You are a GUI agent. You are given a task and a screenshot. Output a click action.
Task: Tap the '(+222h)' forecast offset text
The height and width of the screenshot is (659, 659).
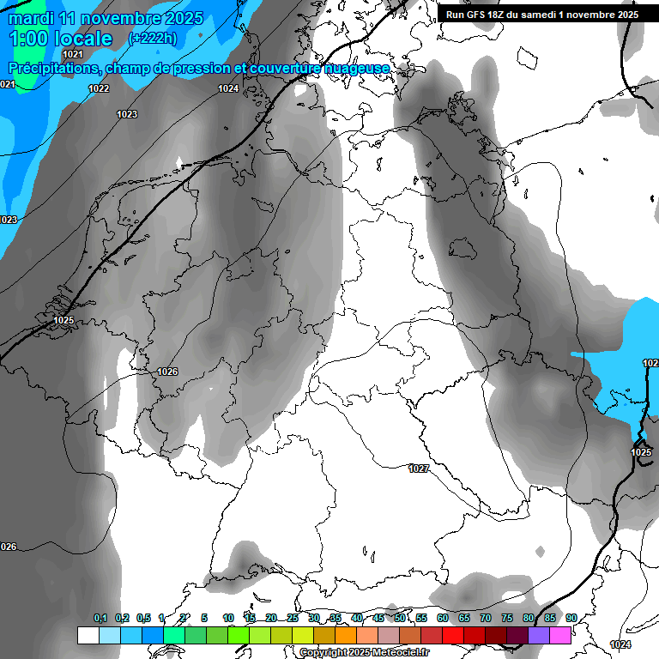click(154, 38)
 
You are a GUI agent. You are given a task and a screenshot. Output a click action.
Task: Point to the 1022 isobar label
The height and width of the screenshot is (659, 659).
click(99, 89)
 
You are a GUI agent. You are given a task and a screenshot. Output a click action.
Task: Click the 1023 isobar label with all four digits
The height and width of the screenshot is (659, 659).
click(127, 114)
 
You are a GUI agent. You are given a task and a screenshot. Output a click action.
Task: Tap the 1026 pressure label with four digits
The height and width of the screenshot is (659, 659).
click(167, 372)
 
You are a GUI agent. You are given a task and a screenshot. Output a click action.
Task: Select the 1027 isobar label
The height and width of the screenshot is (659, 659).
click(419, 469)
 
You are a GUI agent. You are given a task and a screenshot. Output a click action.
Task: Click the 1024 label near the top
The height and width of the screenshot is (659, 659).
click(227, 89)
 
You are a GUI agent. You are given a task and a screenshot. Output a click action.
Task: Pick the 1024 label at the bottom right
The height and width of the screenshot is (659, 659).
click(620, 644)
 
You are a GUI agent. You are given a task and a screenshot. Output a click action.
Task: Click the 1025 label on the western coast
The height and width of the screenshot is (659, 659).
click(63, 321)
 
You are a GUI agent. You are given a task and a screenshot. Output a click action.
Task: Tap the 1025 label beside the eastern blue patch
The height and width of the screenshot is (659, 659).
click(641, 452)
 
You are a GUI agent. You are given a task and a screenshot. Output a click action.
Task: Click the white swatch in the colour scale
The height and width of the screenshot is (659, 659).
click(88, 635)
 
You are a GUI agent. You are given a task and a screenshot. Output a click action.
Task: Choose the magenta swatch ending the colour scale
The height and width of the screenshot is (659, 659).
click(560, 635)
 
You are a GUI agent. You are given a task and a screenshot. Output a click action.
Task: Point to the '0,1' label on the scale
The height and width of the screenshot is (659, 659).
click(100, 619)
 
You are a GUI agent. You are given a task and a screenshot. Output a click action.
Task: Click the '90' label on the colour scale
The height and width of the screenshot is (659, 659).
click(571, 619)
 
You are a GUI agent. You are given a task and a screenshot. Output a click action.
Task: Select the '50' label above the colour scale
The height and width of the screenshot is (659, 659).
click(400, 619)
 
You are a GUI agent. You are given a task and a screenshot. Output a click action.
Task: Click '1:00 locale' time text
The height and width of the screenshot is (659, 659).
click(61, 39)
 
